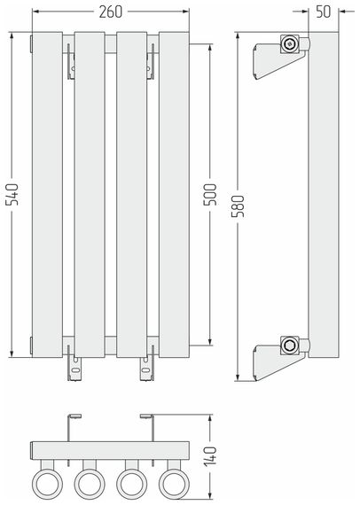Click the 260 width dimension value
[x=111, y=12]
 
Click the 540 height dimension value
[x=13, y=194]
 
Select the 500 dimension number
[x=210, y=194]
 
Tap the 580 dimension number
[x=239, y=206]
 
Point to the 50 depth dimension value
[x=324, y=12]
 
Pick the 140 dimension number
[x=210, y=456]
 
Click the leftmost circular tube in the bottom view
[x=47, y=484]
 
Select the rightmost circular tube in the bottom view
[x=174, y=484]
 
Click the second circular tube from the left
[x=90, y=484]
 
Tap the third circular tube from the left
[x=132, y=484]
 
